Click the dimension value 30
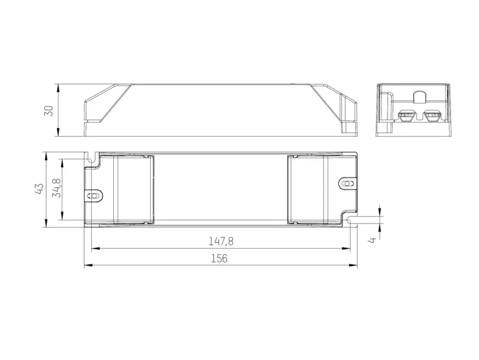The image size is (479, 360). point(49,110)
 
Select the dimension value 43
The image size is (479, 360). point(40,189)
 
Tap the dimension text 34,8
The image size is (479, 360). point(57,188)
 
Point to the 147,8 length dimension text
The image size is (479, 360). point(221,241)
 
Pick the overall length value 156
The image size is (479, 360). point(219,259)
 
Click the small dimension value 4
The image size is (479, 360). point(372,240)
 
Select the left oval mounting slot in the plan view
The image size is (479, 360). point(94,196)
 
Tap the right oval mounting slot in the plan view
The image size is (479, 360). point(348,184)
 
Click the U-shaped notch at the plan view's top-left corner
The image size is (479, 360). point(90,159)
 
